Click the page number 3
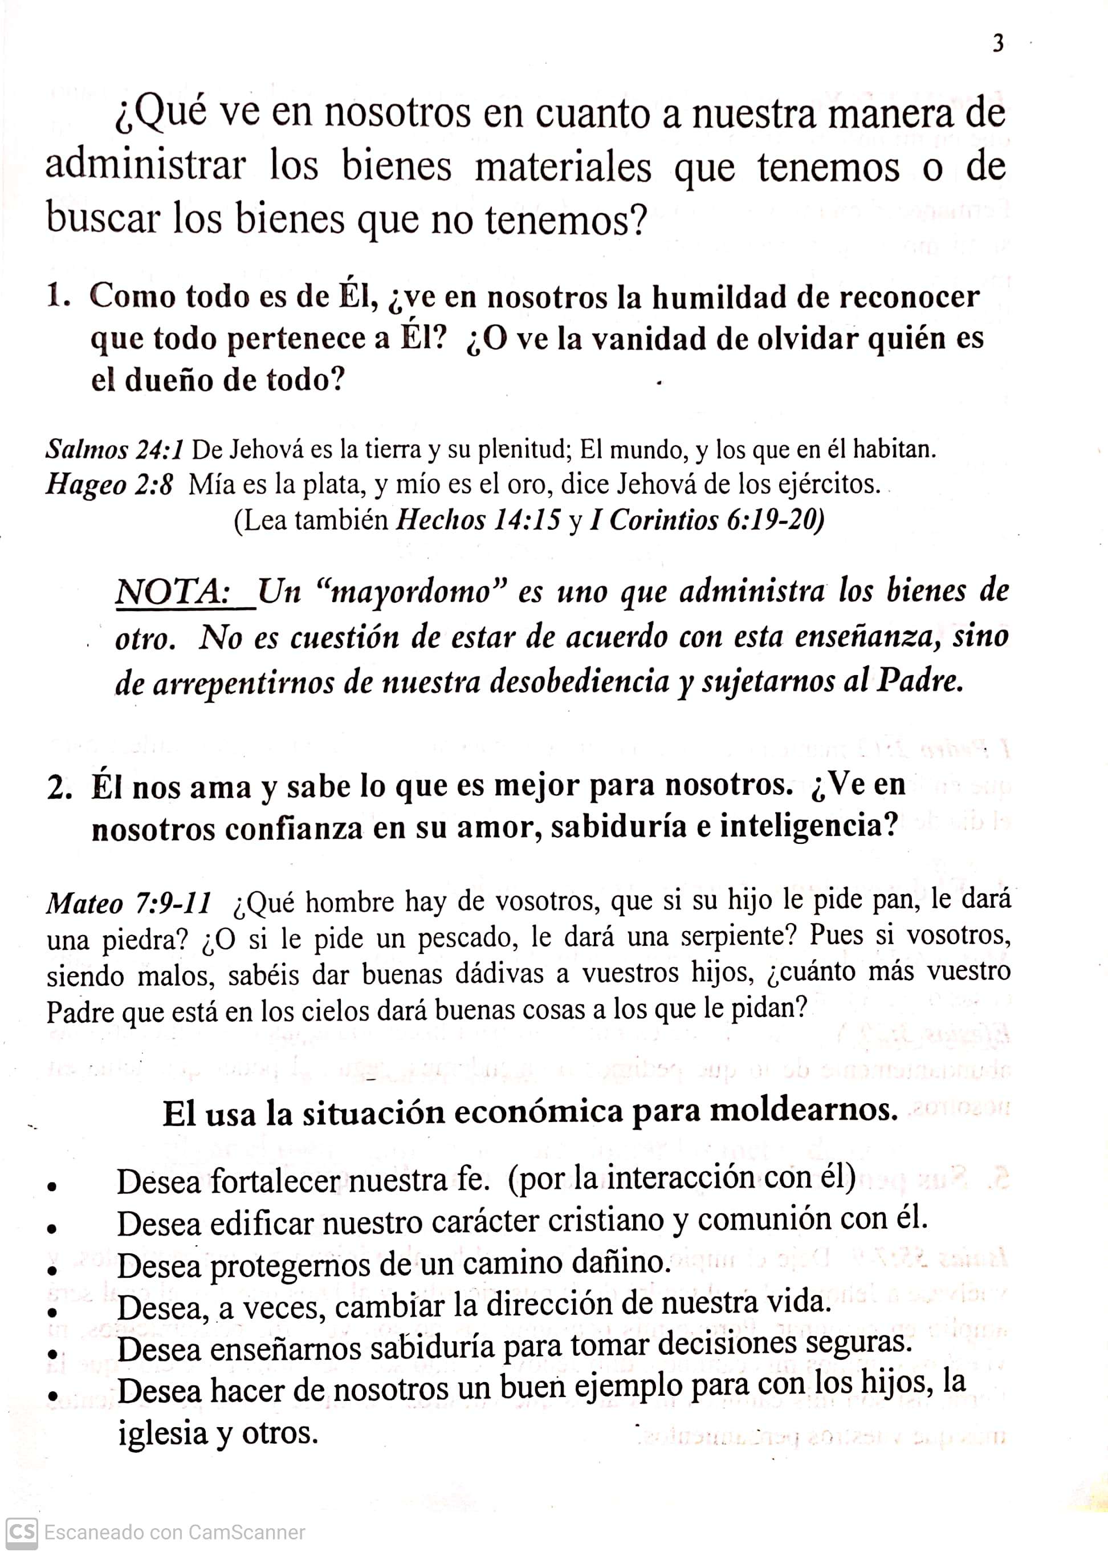click(x=998, y=44)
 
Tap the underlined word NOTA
click(x=171, y=591)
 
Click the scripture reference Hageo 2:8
click(x=109, y=485)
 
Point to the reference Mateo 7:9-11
click(x=128, y=904)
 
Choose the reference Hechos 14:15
click(x=478, y=521)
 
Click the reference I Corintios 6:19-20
click(x=706, y=521)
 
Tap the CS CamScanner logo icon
click(x=21, y=1533)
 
